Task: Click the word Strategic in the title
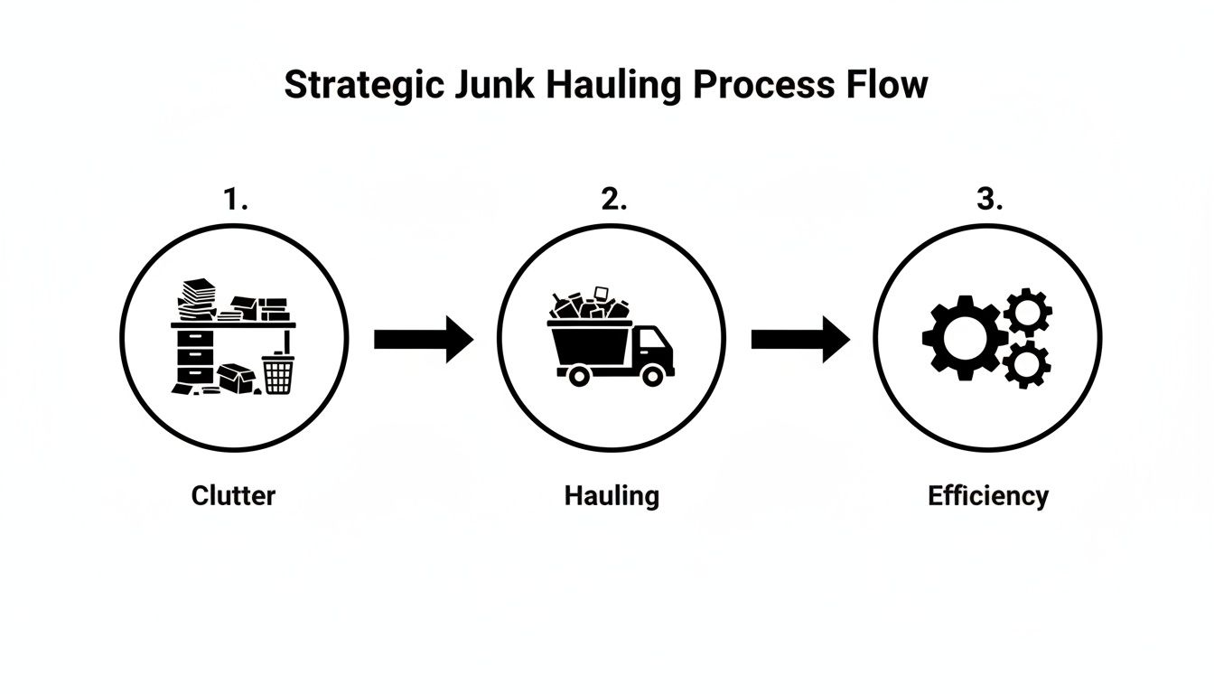(x=363, y=85)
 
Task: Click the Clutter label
(x=233, y=495)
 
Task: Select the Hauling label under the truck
(x=612, y=495)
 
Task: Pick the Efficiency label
(x=988, y=495)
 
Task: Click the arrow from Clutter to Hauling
(x=423, y=339)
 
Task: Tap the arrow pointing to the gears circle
(x=800, y=339)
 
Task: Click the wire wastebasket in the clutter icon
(x=278, y=374)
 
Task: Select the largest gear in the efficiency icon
(x=962, y=337)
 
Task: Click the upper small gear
(x=1027, y=313)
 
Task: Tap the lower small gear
(x=1027, y=363)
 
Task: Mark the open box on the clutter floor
(x=236, y=378)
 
